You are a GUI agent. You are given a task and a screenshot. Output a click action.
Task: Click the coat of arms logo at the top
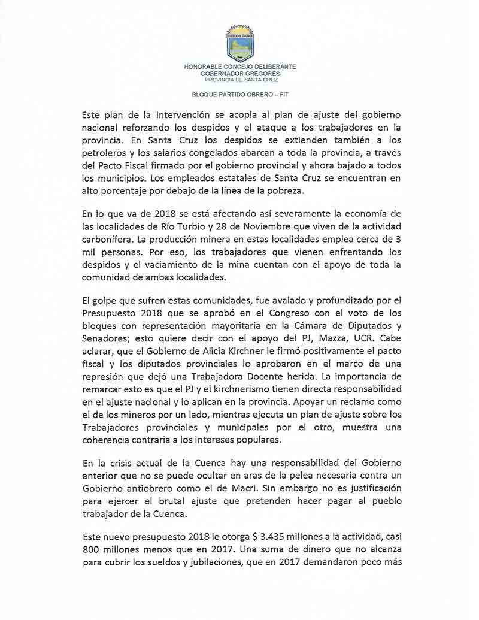(x=239, y=43)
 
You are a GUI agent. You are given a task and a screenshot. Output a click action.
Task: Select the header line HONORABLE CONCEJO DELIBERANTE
(x=239, y=67)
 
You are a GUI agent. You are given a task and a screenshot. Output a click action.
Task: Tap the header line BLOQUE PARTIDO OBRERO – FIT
(x=239, y=94)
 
